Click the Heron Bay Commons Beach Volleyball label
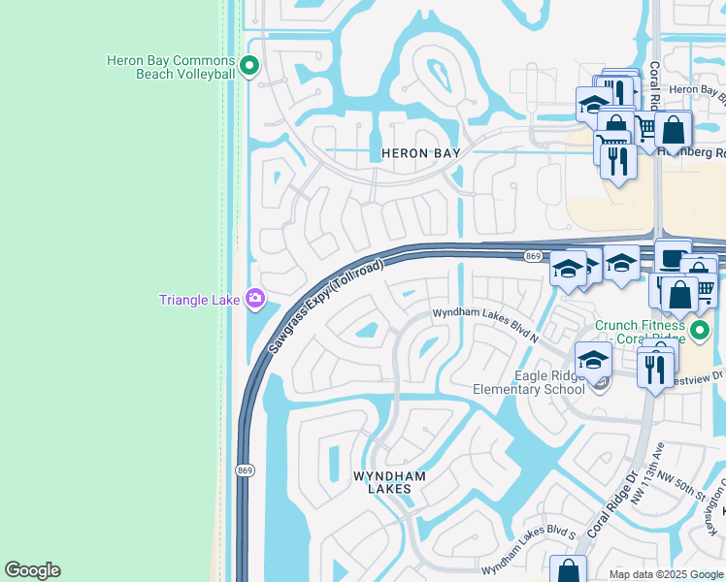(x=171, y=67)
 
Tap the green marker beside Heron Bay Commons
(x=249, y=67)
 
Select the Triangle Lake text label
(x=199, y=300)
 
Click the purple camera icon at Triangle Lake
(x=255, y=299)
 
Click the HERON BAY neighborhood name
(x=419, y=153)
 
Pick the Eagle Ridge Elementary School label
(x=528, y=382)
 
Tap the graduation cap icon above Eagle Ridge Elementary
(x=592, y=360)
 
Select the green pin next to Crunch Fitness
(x=708, y=332)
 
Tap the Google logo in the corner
(x=32, y=570)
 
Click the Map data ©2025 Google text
(x=667, y=574)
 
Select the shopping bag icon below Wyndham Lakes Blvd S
(x=568, y=571)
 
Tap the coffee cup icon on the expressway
(x=673, y=256)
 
